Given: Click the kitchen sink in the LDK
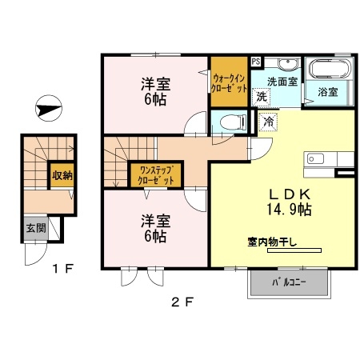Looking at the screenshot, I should pyautogui.click(x=312, y=158).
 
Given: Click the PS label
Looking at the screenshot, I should pyautogui.click(x=255, y=60).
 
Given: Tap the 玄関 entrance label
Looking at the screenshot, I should pyautogui.click(x=34, y=229).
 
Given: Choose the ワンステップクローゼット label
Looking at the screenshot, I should pyautogui.click(x=157, y=175).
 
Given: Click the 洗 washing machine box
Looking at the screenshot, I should pyautogui.click(x=261, y=96).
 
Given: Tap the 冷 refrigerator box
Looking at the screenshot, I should pyautogui.click(x=268, y=122).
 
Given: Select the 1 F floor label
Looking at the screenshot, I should pyautogui.click(x=63, y=269).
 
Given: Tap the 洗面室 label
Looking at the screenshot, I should pyautogui.click(x=282, y=81).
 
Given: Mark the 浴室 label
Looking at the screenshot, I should pyautogui.click(x=328, y=93).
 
